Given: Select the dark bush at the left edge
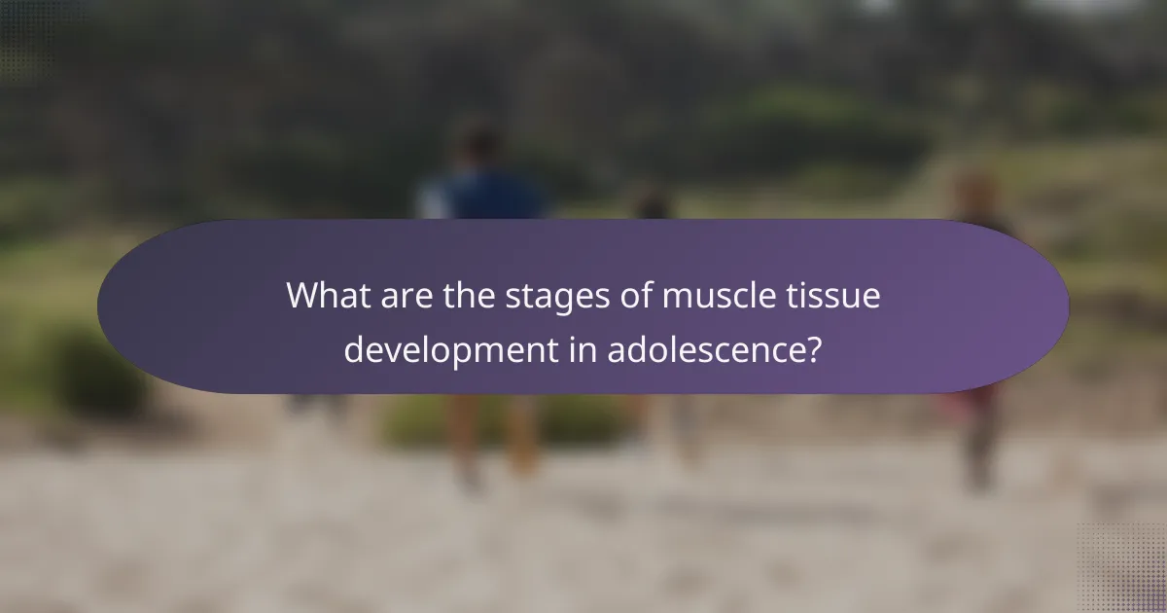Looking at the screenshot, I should [x=92, y=370].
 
